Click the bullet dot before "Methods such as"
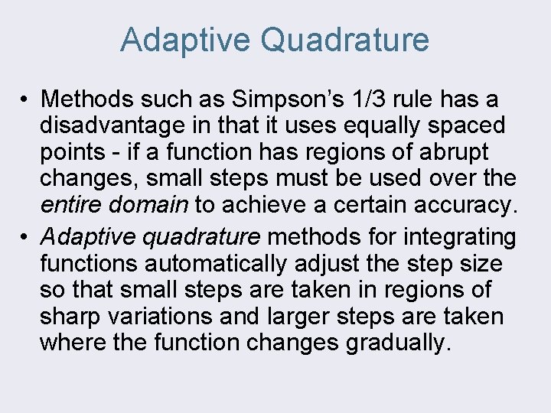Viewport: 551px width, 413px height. coord(25,99)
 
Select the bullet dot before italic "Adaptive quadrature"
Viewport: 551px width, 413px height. coord(25,237)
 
